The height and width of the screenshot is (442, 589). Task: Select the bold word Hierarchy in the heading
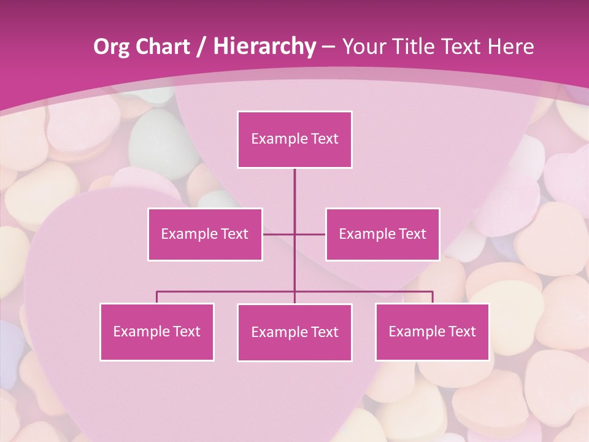[x=264, y=47]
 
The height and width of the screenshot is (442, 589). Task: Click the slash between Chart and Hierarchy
[x=202, y=47]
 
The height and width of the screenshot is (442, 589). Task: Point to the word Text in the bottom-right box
[x=461, y=331]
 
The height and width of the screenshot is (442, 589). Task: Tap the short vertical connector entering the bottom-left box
[x=157, y=297]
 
